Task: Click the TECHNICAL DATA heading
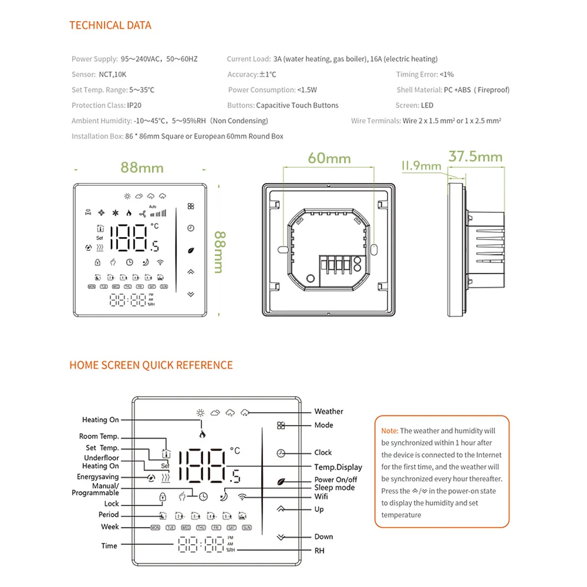coord(110,25)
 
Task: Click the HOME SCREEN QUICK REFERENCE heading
coord(151,365)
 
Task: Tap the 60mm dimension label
coord(329,158)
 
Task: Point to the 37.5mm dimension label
coord(475,157)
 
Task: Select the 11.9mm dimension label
coord(421,166)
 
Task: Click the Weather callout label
coord(328,411)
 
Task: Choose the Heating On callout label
coord(100,420)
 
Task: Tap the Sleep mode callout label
coord(334,488)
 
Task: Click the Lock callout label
coord(112,504)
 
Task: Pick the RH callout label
coord(319,551)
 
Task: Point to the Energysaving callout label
coord(97,477)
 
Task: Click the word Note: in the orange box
coord(390,431)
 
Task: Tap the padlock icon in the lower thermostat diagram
coord(163,497)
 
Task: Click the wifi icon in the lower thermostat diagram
coord(242,497)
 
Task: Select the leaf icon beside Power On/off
coord(281,480)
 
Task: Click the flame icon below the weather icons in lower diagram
coord(203,435)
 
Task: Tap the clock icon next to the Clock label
coord(281,453)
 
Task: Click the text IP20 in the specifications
coord(134,105)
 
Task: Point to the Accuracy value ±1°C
coord(268,75)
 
